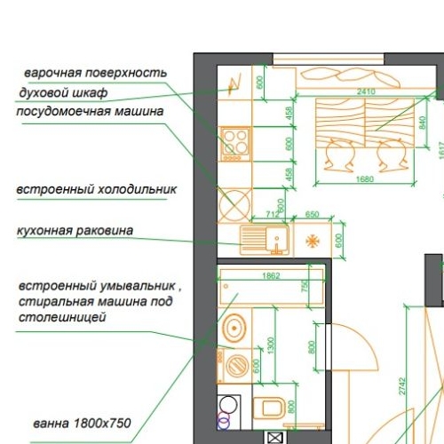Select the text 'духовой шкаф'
pyautogui.click(x=63, y=91)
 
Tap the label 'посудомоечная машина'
pyautogui.click(x=90, y=111)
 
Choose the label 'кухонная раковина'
pyautogui.click(x=75, y=230)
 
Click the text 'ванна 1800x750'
pyautogui.click(x=83, y=423)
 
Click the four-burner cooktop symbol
pyautogui.click(x=235, y=143)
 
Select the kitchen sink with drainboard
pyautogui.click(x=264, y=238)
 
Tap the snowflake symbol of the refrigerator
pyautogui.click(x=313, y=240)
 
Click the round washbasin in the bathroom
pyautogui.click(x=234, y=328)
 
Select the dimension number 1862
pyautogui.click(x=272, y=275)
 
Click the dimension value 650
pyautogui.click(x=313, y=214)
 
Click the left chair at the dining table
pyautogui.click(x=338, y=156)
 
